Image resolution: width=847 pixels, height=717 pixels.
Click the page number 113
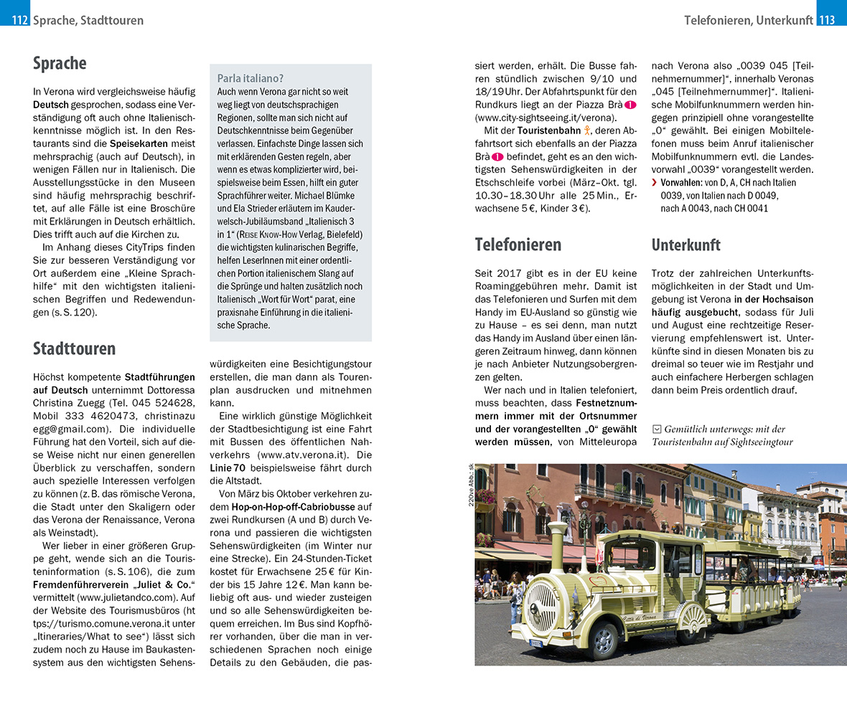tap(827, 20)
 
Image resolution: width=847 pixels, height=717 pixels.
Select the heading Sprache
tap(60, 64)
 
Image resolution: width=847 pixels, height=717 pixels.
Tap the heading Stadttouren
tap(74, 349)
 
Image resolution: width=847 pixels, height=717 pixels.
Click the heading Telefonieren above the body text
tap(518, 244)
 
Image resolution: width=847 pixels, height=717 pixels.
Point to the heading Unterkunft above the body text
tap(685, 244)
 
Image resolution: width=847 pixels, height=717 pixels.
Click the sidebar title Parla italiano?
tap(251, 78)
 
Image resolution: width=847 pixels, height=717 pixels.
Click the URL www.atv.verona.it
tap(306, 455)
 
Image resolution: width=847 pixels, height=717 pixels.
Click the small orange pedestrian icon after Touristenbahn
tap(586, 130)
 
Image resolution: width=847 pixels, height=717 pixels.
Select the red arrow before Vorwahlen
tap(654, 183)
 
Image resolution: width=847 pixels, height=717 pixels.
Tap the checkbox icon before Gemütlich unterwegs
tap(656, 429)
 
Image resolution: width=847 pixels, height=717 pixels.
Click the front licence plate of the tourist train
tap(536, 643)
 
